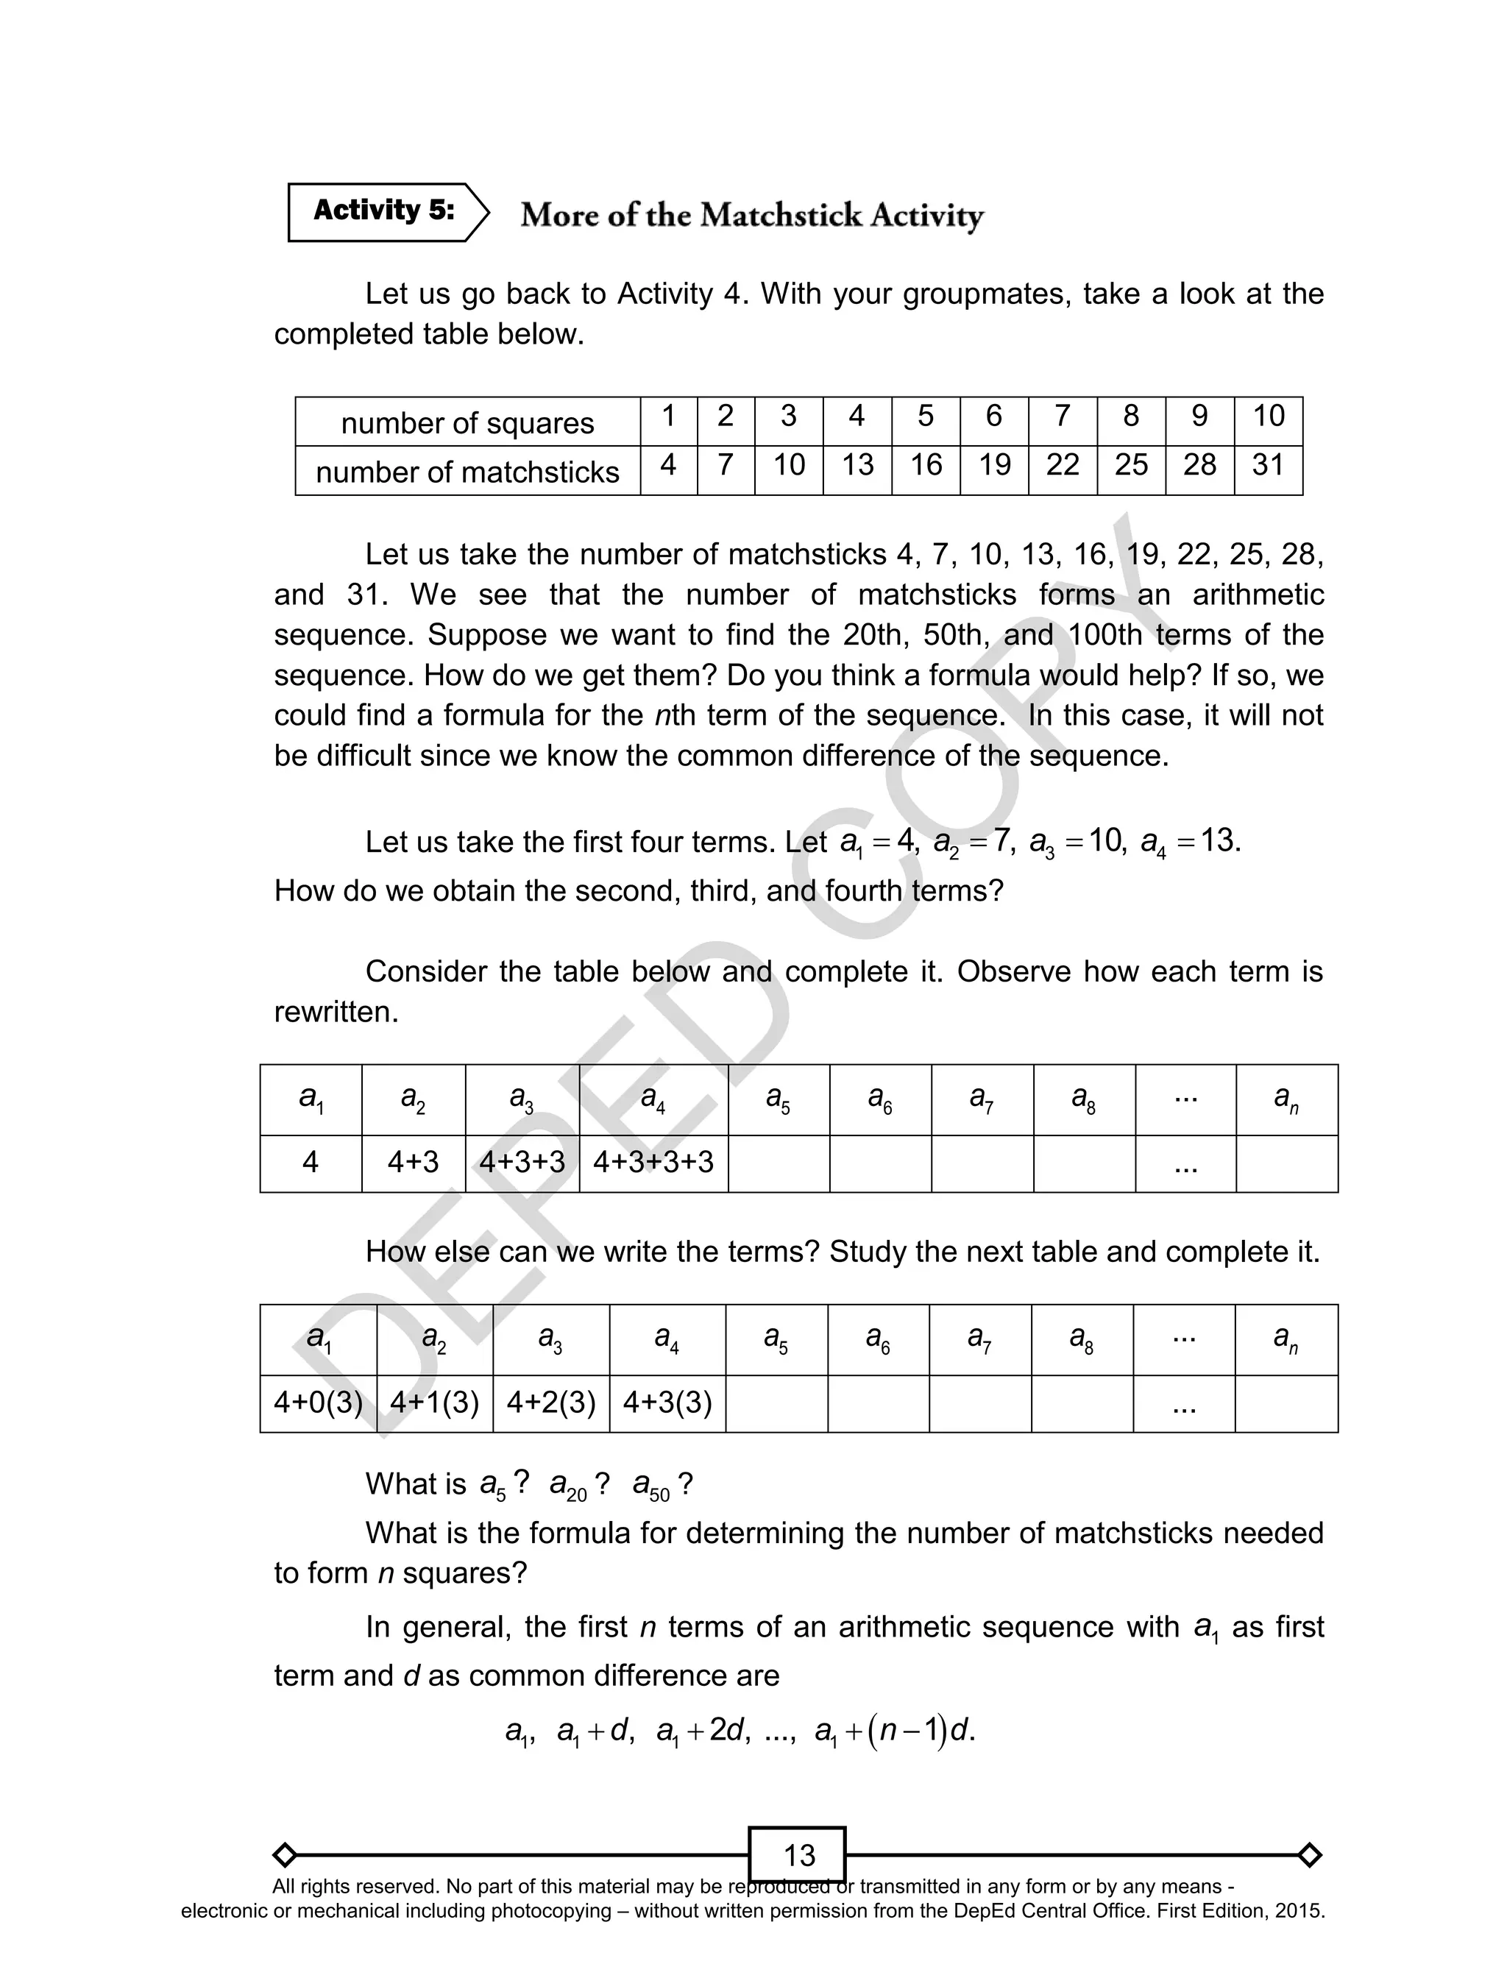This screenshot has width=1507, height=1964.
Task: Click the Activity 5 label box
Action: click(x=384, y=212)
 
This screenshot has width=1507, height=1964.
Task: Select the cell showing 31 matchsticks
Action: click(x=1268, y=464)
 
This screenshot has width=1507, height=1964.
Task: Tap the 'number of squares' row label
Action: click(x=467, y=422)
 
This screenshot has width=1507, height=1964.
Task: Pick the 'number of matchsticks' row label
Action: click(x=467, y=472)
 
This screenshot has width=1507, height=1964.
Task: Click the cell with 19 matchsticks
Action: click(x=994, y=464)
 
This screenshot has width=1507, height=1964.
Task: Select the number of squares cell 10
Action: click(x=1268, y=416)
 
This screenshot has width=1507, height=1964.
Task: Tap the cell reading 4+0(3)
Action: click(x=318, y=1403)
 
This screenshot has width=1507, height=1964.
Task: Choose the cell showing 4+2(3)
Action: click(x=550, y=1403)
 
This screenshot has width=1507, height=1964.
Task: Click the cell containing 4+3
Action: click(x=413, y=1162)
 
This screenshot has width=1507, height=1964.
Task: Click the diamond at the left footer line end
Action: click(x=284, y=1854)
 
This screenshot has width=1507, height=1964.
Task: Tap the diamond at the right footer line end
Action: click(x=1309, y=1854)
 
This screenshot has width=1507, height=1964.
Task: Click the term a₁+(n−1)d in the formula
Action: click(x=893, y=1731)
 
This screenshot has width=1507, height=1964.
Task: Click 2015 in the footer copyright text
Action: click(x=1302, y=1911)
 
